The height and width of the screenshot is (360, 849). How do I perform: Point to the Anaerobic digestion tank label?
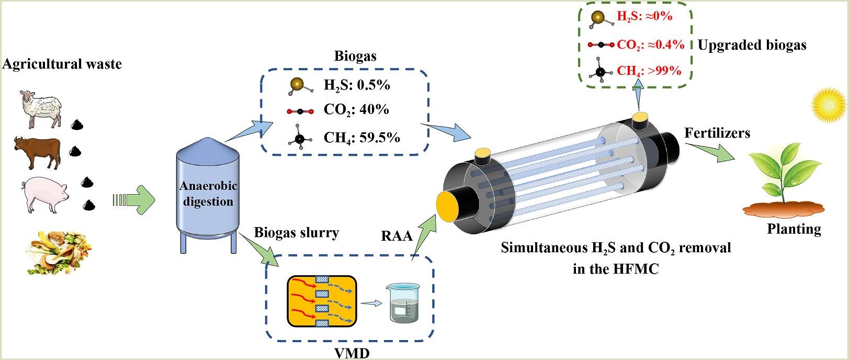coord(208,194)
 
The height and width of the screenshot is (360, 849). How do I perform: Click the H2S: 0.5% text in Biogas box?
coord(357,85)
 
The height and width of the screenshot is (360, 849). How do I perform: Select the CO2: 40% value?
coord(356,110)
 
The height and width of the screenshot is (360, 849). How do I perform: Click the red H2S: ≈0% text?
coord(644,16)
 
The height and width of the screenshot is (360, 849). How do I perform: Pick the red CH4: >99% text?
coord(649,70)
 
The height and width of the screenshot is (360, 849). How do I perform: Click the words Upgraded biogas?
coord(752,45)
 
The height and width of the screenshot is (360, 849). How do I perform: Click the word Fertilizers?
coord(717,133)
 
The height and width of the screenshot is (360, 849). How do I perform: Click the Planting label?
coord(794,229)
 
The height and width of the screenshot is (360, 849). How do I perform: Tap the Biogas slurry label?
coord(296,232)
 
